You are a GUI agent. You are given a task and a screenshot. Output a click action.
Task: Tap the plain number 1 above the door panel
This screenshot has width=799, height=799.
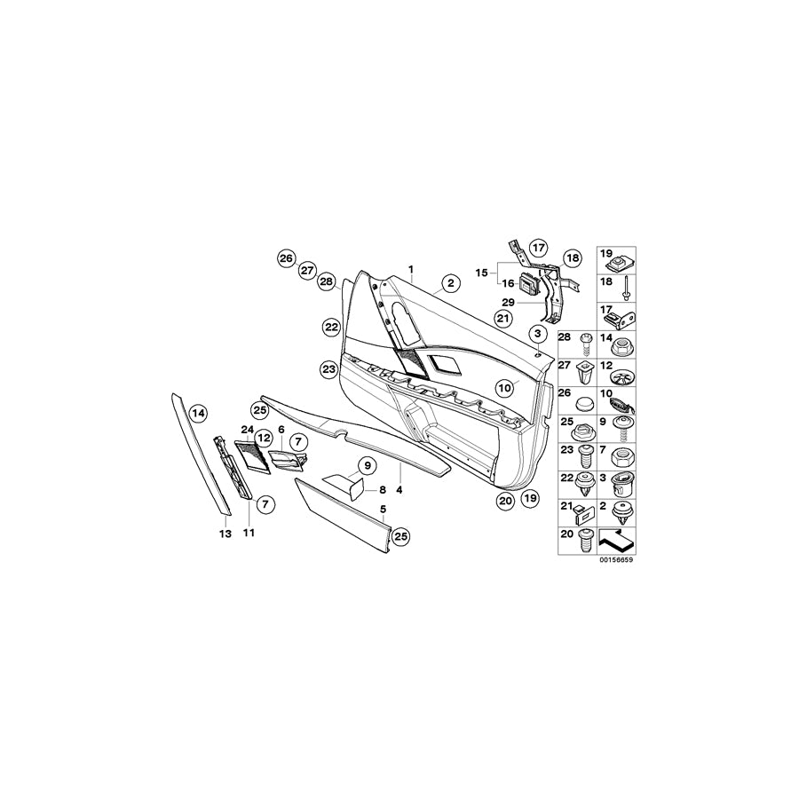pyautogui.click(x=411, y=269)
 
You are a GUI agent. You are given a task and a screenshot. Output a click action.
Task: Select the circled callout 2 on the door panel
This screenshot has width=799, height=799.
pyautogui.click(x=450, y=284)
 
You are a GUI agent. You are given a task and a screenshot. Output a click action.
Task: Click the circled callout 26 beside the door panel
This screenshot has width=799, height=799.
pyautogui.click(x=285, y=258)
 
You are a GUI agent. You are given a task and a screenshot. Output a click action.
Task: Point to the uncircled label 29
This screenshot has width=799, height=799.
pyautogui.click(x=510, y=303)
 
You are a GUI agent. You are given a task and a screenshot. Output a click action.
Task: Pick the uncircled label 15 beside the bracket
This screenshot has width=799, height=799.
pyautogui.click(x=482, y=273)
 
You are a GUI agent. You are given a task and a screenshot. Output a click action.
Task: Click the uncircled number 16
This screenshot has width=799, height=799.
pyautogui.click(x=509, y=284)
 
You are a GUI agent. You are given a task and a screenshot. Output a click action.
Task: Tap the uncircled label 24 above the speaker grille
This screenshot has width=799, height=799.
pyautogui.click(x=246, y=430)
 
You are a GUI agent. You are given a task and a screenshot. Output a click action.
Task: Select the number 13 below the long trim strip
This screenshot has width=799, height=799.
pyautogui.click(x=225, y=534)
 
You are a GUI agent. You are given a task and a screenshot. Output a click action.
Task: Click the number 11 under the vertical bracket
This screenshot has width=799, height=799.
pyautogui.click(x=249, y=534)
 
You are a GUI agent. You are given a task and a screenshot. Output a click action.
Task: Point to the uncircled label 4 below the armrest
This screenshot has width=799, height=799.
pyautogui.click(x=399, y=489)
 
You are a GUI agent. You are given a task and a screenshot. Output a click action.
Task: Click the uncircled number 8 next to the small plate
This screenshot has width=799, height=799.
pyautogui.click(x=382, y=489)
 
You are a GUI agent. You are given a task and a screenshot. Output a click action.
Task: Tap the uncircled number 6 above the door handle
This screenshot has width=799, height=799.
pyautogui.click(x=281, y=430)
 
